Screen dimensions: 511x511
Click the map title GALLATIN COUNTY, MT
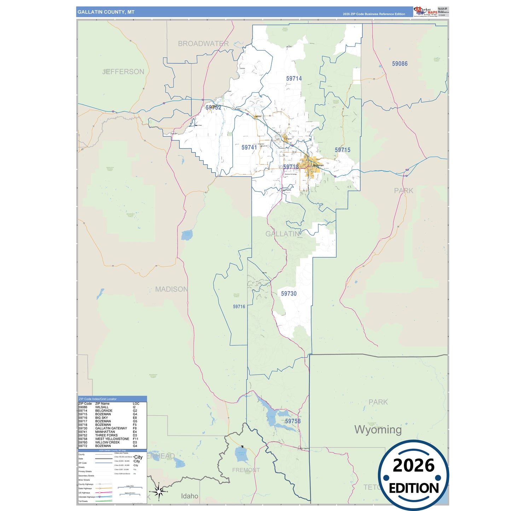point(106,12)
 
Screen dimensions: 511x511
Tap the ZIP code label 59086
point(400,64)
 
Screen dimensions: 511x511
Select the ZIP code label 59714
point(294,79)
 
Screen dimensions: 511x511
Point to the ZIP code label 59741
point(249,147)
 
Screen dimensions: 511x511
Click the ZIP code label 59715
point(342,150)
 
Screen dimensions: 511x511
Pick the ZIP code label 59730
point(289,294)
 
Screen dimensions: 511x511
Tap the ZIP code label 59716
point(239,307)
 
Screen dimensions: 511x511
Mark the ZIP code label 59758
point(293,421)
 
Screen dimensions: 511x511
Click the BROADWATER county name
point(203,43)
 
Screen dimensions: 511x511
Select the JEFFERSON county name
point(123,71)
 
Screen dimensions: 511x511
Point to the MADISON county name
point(172,289)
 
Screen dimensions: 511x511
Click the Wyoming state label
point(378,430)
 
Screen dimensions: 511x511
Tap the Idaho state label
point(190,496)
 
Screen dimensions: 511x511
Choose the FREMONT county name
point(246,470)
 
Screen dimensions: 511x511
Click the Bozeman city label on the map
point(318,165)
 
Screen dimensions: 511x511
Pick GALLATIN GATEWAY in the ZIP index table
point(111,428)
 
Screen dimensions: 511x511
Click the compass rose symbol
point(159,492)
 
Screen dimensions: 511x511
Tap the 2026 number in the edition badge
point(413,466)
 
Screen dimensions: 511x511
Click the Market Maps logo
point(425,12)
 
